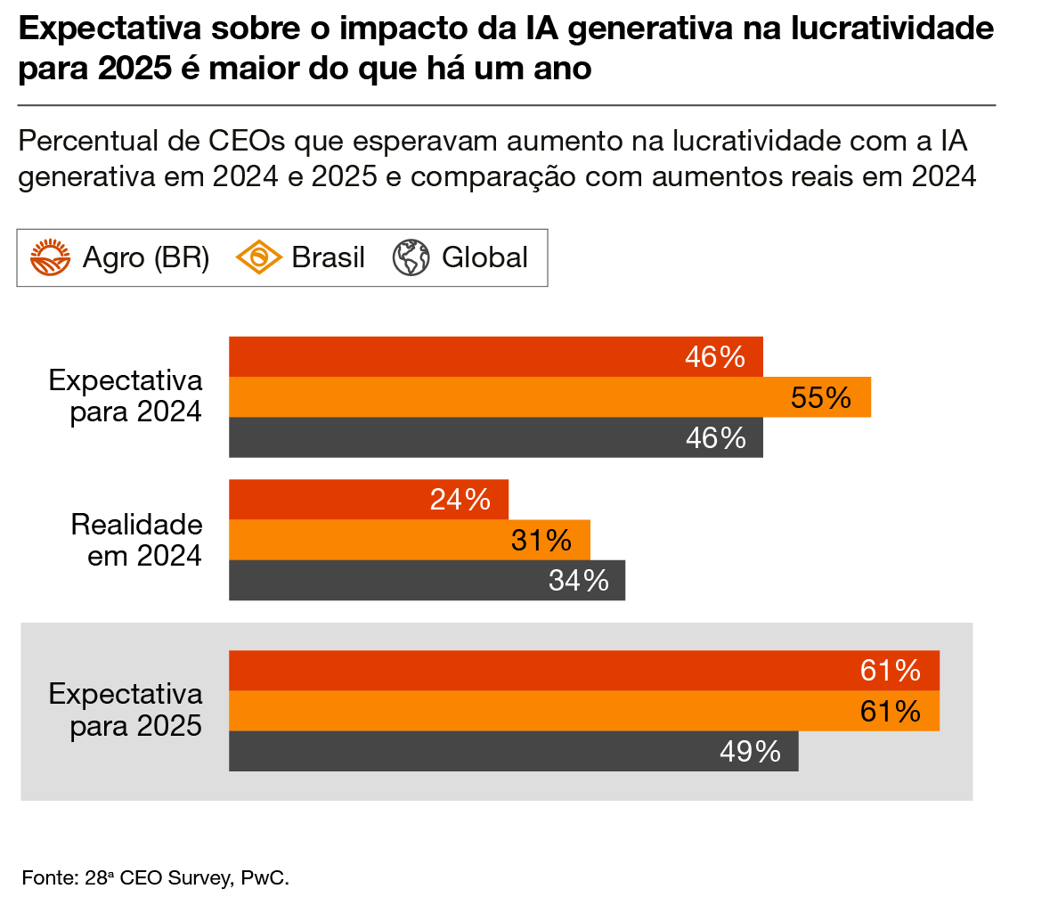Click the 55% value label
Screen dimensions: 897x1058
[x=820, y=397]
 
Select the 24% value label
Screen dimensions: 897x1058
[x=460, y=500]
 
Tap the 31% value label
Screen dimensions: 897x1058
[x=541, y=540]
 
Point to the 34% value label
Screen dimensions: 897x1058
[x=578, y=581]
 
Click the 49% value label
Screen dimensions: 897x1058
[x=750, y=752]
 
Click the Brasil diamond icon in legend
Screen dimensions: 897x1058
[x=258, y=258]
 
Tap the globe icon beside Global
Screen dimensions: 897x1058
[x=411, y=258]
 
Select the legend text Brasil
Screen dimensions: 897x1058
[x=329, y=258]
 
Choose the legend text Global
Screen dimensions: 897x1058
[x=484, y=258]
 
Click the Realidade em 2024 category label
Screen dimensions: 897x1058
[x=136, y=540]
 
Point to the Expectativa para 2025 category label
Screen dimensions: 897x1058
[x=126, y=710]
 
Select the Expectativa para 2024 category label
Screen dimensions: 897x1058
[x=126, y=396]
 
